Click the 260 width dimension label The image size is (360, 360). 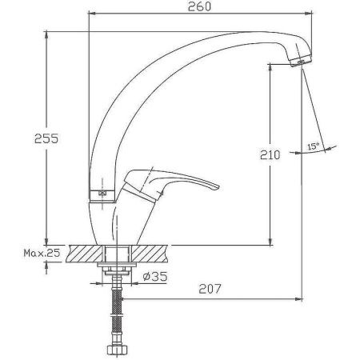(199, 6)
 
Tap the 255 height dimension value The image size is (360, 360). (46, 138)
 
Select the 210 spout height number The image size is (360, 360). (270, 155)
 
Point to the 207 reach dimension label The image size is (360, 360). (210, 289)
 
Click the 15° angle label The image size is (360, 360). (313, 146)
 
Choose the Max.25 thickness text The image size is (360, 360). (42, 253)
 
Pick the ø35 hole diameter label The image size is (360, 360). (155, 276)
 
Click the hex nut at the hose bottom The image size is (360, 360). (117, 350)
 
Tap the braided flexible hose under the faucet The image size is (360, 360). (117, 312)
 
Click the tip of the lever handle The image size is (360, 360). (218, 188)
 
